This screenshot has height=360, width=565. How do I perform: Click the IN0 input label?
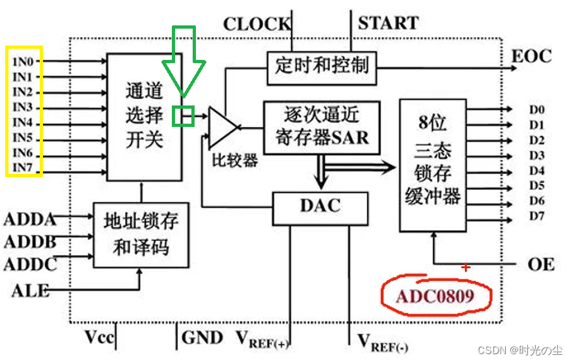click(23, 61)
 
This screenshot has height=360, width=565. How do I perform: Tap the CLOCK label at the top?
click(256, 25)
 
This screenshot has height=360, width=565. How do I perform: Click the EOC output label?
click(532, 56)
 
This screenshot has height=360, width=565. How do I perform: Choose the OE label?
click(541, 264)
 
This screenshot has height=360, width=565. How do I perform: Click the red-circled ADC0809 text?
click(435, 296)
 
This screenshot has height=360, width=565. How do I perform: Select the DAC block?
click(320, 206)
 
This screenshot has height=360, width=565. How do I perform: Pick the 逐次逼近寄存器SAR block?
click(322, 127)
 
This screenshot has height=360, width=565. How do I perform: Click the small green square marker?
click(183, 116)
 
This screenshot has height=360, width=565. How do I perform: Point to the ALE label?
click(30, 290)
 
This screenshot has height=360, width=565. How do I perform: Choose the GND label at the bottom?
click(202, 337)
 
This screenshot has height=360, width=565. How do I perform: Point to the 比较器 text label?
click(234, 161)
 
